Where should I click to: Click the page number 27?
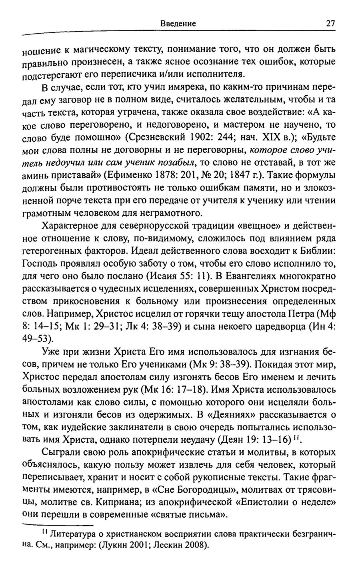[x=330, y=23]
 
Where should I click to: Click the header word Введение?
[x=178, y=24]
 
